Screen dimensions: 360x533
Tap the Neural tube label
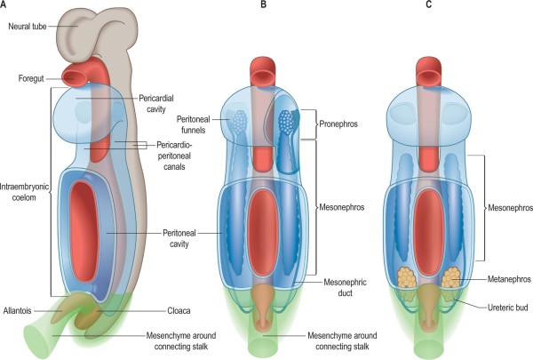pyautogui.click(x=29, y=27)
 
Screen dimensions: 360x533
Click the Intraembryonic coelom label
pyautogui.click(x=25, y=188)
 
